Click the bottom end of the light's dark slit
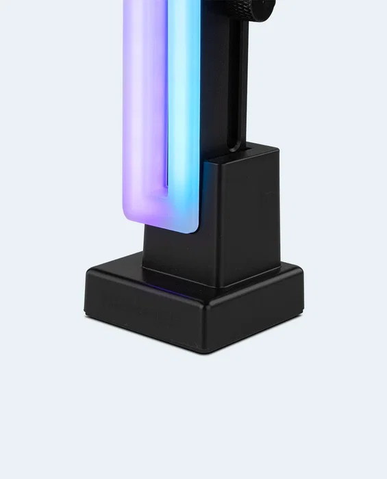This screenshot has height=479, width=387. (x=165, y=194)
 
